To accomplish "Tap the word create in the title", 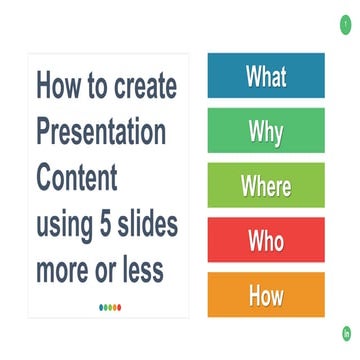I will coord(144,85).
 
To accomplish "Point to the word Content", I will coord(77,177).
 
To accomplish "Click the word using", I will coord(63,224).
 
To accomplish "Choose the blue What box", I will coord(266,76).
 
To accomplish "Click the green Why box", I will coord(266,130).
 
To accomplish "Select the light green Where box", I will coord(266,185).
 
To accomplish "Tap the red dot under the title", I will coord(119,308).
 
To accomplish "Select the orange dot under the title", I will coord(113,308).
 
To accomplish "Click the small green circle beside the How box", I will coord(344,333).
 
